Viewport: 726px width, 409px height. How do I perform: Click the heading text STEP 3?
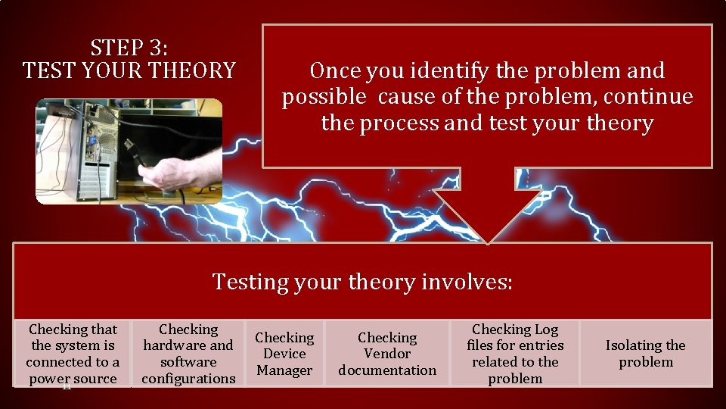129,48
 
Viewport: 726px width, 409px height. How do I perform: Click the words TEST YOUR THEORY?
129,71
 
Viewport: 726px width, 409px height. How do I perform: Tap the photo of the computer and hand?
129,151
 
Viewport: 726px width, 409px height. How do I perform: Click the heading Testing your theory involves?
362,282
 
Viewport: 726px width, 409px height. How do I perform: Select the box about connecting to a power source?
73,354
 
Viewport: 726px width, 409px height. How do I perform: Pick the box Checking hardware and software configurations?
188,354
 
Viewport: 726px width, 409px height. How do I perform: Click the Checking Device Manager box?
284,354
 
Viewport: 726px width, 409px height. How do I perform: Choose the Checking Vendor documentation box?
387,354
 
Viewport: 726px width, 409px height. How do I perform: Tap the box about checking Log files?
515,354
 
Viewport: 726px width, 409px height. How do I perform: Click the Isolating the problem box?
645,354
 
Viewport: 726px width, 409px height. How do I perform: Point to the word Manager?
284,370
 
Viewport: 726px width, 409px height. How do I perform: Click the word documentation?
387,370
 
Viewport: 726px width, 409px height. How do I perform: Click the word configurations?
188,378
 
